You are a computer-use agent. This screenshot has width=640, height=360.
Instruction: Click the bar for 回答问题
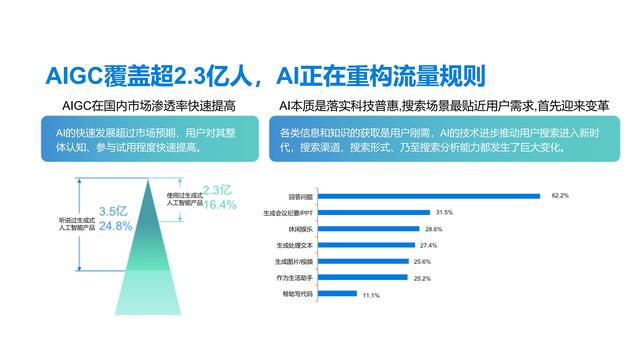tap(420, 196)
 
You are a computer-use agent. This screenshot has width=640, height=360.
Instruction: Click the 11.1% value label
tap(371, 295)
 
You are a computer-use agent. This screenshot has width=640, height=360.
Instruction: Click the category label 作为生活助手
tap(293, 278)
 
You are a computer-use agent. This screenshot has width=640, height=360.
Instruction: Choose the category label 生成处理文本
tap(293, 245)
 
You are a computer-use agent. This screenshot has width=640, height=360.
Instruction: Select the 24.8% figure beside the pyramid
tap(116, 226)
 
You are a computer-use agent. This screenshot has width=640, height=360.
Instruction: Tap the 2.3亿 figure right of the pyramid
tap(219, 190)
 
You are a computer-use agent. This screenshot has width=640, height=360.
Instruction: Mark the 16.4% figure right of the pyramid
tap(220, 205)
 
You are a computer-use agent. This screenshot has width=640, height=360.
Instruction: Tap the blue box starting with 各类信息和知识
tap(442, 141)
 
